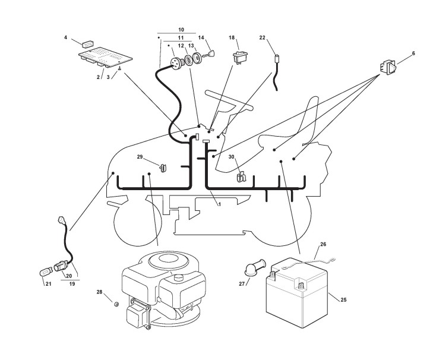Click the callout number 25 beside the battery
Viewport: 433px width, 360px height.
343,300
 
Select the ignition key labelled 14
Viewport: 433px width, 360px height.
208,53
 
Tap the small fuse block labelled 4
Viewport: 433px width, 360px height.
87,43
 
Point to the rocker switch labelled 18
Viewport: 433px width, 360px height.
240,57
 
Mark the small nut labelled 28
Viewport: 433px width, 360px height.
116,304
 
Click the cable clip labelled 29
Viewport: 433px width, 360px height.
163,168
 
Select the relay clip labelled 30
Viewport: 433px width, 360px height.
241,176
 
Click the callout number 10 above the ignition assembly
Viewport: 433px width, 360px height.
181,30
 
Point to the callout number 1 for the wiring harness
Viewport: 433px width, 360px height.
220,204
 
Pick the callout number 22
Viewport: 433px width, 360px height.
263,37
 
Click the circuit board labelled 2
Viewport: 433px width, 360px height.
106,57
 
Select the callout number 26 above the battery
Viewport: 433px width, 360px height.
323,244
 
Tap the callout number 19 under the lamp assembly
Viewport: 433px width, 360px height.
72,284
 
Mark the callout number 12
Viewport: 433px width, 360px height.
181,46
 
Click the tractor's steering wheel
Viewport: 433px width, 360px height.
229,100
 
